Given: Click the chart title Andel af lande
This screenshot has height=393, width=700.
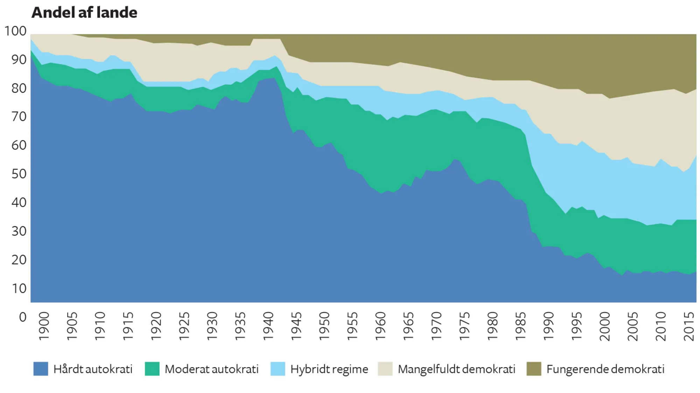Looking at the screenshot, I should pyautogui.click(x=84, y=13).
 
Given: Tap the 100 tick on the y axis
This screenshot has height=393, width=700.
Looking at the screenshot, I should pyautogui.click(x=15, y=31).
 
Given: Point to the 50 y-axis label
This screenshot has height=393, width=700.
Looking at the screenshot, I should pyautogui.click(x=19, y=174).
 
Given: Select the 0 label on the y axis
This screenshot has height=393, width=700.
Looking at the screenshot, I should pyautogui.click(x=23, y=317).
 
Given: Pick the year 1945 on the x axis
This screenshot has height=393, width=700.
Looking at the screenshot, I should pyautogui.click(x=296, y=326).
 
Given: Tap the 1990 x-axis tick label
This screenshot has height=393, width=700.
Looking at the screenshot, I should pyautogui.click(x=548, y=326).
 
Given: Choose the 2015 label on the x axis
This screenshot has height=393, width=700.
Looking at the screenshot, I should pyautogui.click(x=689, y=326).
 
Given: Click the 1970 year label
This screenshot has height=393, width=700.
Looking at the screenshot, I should pyautogui.click(x=436, y=326).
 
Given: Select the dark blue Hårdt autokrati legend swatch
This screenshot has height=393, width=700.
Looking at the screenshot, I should pyautogui.click(x=41, y=369).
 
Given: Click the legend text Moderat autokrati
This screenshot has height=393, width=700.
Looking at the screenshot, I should pyautogui.click(x=211, y=369).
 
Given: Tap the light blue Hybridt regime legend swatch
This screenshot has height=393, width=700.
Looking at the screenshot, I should pyautogui.click(x=278, y=369).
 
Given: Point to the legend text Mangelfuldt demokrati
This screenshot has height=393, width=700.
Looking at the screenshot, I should pyautogui.click(x=456, y=369).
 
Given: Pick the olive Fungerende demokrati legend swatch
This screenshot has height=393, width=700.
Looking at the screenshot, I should pyautogui.click(x=534, y=369).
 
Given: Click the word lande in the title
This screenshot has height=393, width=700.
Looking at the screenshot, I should pyautogui.click(x=117, y=13).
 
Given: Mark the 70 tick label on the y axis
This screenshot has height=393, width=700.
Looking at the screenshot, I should pyautogui.click(x=19, y=117).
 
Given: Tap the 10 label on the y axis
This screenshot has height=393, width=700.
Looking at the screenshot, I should pyautogui.click(x=19, y=289).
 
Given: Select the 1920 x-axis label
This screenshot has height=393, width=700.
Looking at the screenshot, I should pyautogui.click(x=156, y=326).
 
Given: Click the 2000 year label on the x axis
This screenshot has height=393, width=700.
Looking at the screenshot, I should pyautogui.click(x=604, y=326).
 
